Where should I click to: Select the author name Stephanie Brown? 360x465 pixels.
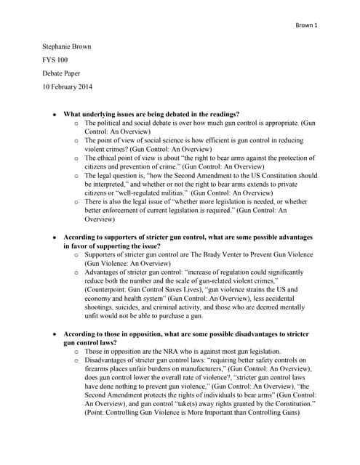[x=66, y=46]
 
